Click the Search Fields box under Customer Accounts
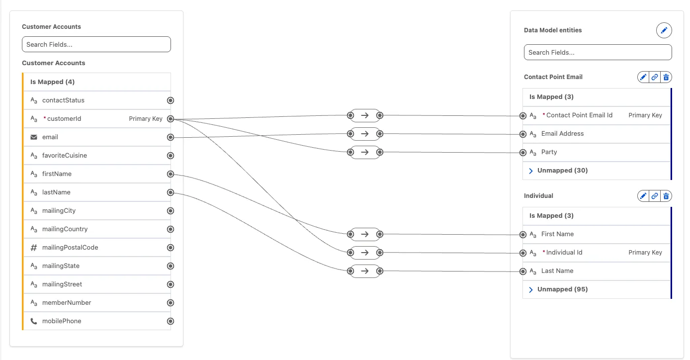(x=96, y=44)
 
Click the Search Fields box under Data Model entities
(x=598, y=52)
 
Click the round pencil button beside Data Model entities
(x=664, y=30)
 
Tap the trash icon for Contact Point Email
(x=666, y=77)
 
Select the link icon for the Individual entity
(x=655, y=196)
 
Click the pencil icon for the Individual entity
(x=643, y=196)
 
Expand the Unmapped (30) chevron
(x=531, y=171)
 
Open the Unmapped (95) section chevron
(x=531, y=289)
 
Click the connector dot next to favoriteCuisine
(x=171, y=156)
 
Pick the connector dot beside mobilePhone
(x=171, y=321)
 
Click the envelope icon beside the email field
(x=34, y=137)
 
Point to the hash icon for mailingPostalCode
(x=34, y=248)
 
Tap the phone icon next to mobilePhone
(x=34, y=321)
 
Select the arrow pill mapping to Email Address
(x=365, y=134)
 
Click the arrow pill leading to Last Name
(x=365, y=271)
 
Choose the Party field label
(x=549, y=152)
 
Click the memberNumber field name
(x=67, y=303)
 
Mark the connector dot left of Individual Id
(x=522, y=253)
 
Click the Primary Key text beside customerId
(x=146, y=119)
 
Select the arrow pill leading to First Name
(x=365, y=234)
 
